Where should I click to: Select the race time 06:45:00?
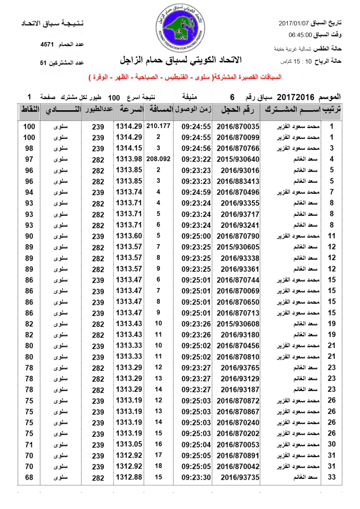(x=300, y=35)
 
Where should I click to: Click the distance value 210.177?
(x=158, y=126)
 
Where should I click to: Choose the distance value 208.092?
(x=158, y=159)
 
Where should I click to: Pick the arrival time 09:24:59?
(x=196, y=192)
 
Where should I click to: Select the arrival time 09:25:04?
(x=196, y=444)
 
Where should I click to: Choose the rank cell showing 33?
(x=332, y=477)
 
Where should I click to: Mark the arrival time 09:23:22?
(x=196, y=159)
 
